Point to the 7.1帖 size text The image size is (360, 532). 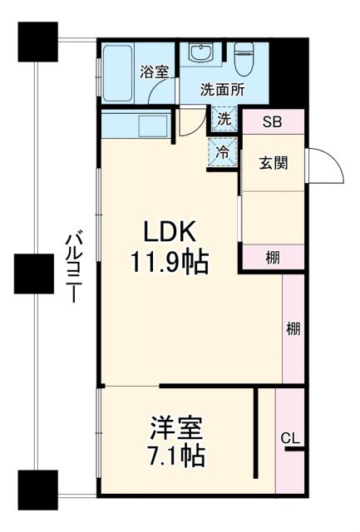click(x=176, y=456)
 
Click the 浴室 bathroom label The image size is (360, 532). click(x=154, y=71)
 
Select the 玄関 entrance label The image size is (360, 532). click(x=273, y=163)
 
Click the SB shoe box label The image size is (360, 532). click(x=272, y=123)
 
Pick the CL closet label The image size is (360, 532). click(x=290, y=438)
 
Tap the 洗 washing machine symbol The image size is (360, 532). click(x=223, y=120)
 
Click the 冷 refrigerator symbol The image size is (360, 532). click(x=223, y=151)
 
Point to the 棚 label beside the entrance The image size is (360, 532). click(x=273, y=258)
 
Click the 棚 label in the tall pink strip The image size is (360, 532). click(x=293, y=328)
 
